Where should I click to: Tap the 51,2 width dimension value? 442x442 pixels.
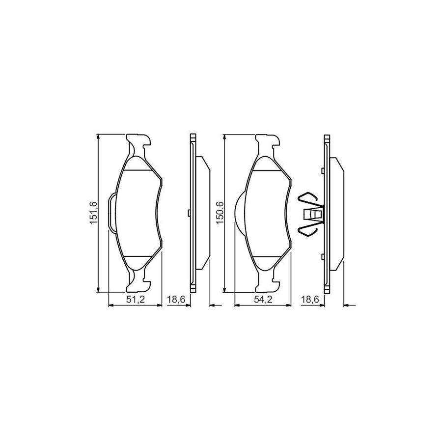pos(135,300)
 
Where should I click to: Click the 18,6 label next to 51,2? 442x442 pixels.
pos(176,300)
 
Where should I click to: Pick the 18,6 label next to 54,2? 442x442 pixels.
pos(309,300)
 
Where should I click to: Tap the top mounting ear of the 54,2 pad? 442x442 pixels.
pos(268,144)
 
